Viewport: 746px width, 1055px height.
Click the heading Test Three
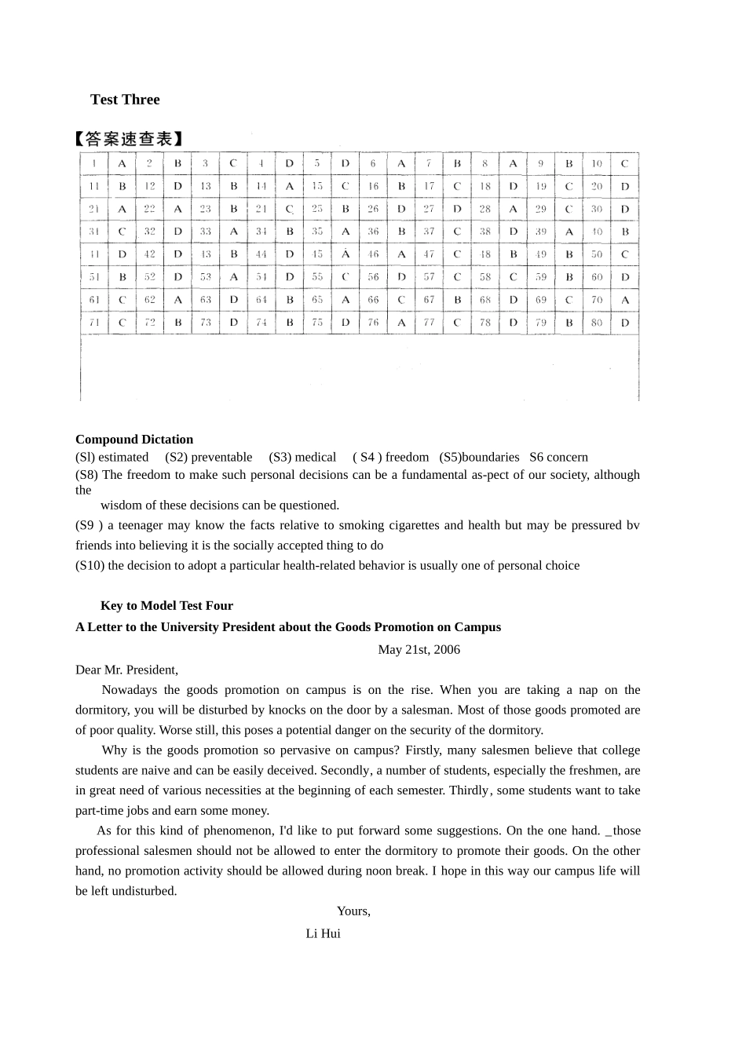click(x=125, y=100)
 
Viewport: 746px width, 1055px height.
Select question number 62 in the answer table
click(x=150, y=300)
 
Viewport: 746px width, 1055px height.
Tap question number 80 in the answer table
click(x=597, y=323)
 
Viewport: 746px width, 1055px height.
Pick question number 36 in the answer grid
click(x=373, y=232)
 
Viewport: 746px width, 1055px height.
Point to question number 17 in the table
click(x=429, y=187)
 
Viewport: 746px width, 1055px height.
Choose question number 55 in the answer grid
click(x=317, y=277)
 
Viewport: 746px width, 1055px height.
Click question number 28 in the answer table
click(x=485, y=209)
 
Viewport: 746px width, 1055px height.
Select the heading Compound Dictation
click(x=134, y=440)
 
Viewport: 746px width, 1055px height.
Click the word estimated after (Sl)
click(x=123, y=457)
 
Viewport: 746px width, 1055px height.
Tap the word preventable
click(x=221, y=457)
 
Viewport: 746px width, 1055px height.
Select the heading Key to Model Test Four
click(x=166, y=606)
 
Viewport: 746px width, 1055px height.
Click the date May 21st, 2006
click(x=419, y=649)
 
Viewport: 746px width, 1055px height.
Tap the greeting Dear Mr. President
click(x=126, y=670)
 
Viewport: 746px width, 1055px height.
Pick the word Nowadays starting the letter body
click(x=130, y=690)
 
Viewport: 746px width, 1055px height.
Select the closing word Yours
click(x=353, y=911)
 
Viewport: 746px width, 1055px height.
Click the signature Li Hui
click(x=323, y=934)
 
